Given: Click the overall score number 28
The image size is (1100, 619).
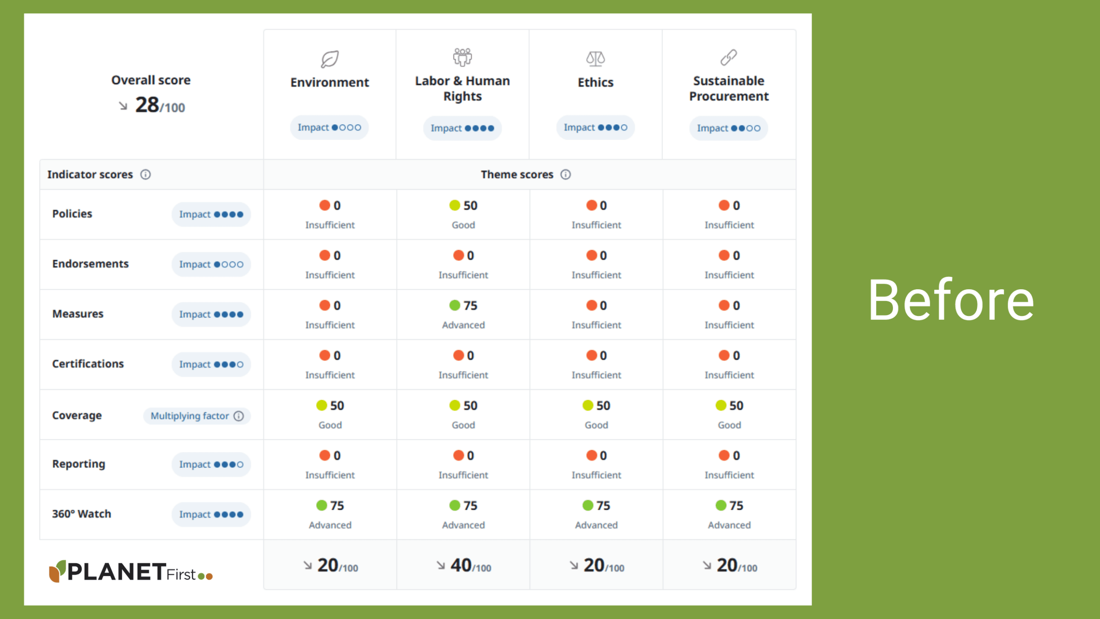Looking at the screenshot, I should (x=147, y=105).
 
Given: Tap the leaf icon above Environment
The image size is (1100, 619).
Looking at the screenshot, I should (x=330, y=59).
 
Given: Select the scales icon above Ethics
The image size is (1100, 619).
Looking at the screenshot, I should (x=596, y=58).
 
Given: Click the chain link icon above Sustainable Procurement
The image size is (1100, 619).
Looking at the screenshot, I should (x=729, y=57).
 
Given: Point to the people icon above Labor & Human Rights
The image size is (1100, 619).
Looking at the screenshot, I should (x=462, y=57).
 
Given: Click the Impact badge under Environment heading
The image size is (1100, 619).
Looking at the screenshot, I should (x=329, y=128).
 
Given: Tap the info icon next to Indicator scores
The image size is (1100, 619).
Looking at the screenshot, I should (x=146, y=175).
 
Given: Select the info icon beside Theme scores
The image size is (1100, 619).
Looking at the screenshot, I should (x=565, y=175).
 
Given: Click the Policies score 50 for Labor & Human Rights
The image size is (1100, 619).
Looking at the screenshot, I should (x=470, y=205).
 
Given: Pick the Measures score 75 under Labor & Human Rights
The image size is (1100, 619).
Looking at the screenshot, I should (x=470, y=306).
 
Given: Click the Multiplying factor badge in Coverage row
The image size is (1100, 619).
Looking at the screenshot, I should (x=197, y=416).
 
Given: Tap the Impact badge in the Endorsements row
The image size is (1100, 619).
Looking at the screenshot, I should (x=211, y=264).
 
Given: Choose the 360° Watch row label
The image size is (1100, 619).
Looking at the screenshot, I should (x=82, y=514).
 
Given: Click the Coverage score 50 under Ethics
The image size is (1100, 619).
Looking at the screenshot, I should (x=603, y=405).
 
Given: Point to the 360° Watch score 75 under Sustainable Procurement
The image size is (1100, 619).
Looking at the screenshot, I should (x=736, y=506).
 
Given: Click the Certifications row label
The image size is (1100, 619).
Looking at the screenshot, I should (x=88, y=364).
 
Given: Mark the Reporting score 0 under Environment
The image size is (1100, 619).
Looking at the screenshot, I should (x=336, y=456).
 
